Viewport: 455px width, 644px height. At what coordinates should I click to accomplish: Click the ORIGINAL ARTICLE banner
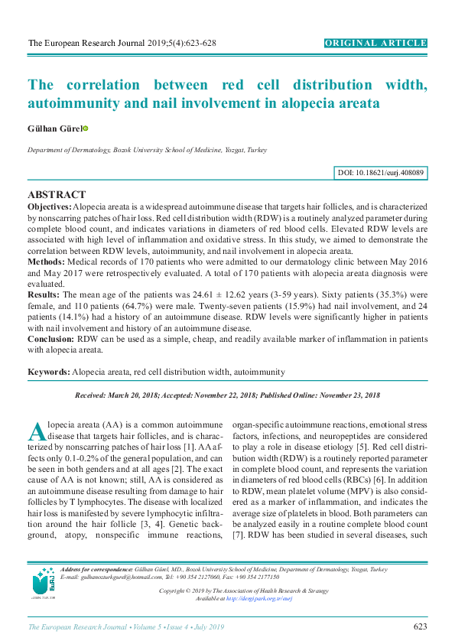(x=375, y=44)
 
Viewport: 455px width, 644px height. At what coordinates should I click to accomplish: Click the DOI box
(x=381, y=174)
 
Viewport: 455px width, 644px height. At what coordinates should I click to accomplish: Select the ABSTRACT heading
(x=57, y=195)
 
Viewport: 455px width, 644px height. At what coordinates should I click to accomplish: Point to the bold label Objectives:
(x=50, y=207)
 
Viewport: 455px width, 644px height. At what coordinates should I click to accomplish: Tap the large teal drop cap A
(x=37, y=432)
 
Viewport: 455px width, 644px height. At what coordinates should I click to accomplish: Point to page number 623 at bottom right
(x=420, y=627)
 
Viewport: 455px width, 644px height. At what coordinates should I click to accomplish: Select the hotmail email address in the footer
(x=110, y=578)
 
